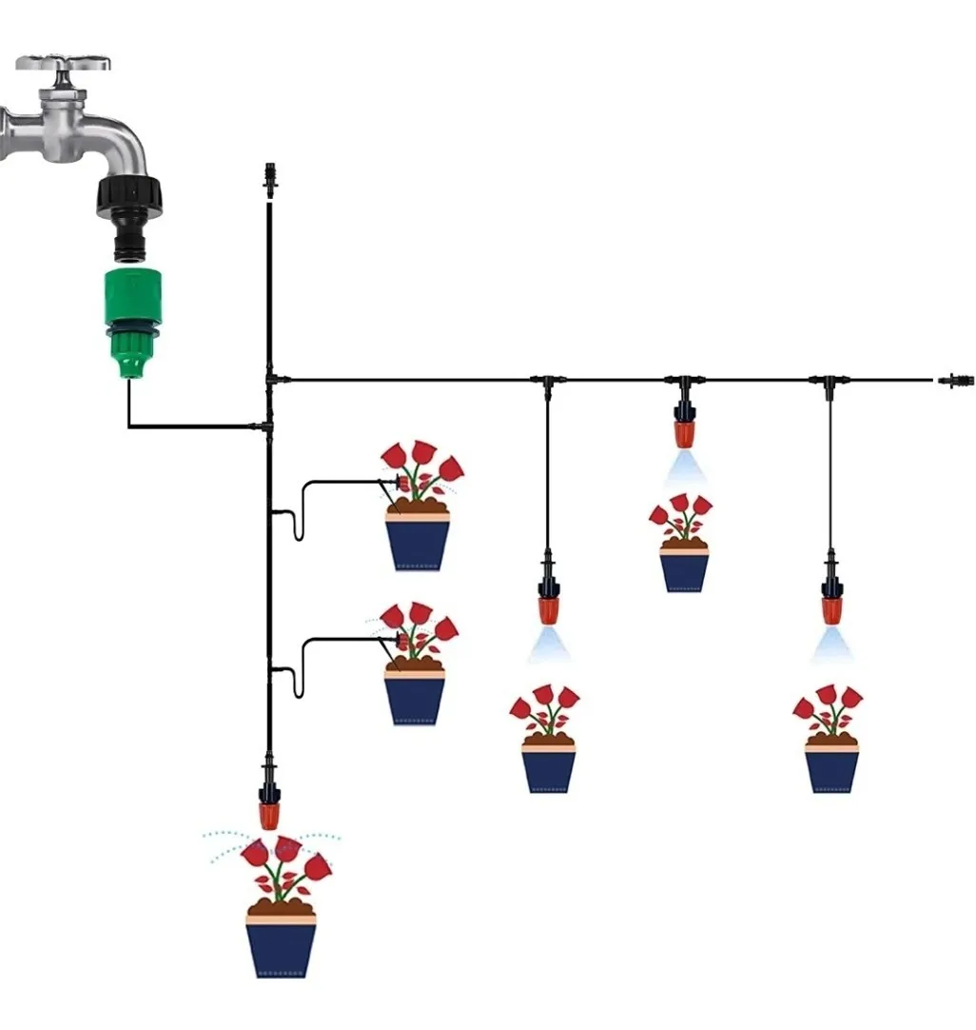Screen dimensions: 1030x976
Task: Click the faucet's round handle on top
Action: [63, 65]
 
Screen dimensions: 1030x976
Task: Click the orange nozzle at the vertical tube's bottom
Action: [270, 815]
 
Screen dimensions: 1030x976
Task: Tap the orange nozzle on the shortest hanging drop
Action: [684, 433]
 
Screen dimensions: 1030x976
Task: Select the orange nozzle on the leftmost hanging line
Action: [548, 609]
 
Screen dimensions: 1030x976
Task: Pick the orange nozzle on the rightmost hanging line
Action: [831, 609]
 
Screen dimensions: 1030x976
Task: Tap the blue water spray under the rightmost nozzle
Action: [831, 647]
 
